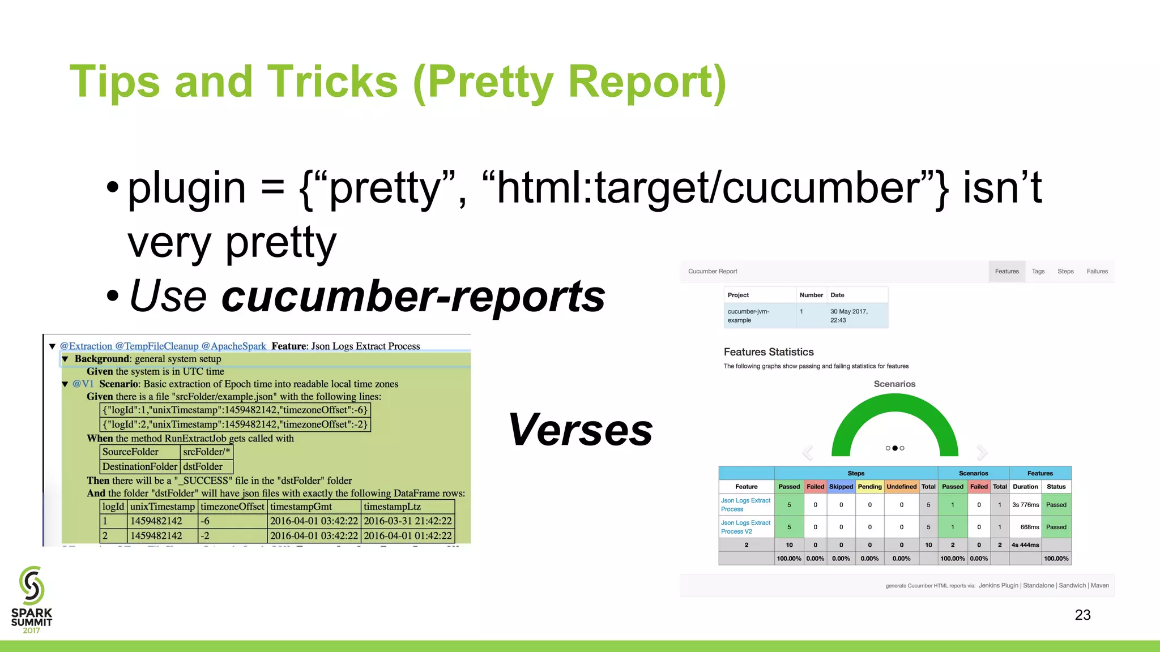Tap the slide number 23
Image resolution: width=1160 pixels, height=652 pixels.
1082,615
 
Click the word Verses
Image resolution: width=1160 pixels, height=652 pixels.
581,430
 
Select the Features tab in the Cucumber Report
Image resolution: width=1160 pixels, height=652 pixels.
1007,272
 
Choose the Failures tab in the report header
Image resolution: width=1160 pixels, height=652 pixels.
1097,272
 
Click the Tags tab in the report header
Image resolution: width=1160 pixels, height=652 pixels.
1038,272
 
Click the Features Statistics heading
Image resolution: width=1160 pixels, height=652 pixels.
769,352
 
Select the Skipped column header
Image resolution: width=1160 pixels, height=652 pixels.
841,487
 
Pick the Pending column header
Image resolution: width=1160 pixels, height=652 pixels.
869,487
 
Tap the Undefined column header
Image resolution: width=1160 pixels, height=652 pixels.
901,487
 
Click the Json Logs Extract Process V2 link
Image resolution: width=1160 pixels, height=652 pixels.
745,527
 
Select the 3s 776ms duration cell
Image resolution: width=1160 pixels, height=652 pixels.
1025,505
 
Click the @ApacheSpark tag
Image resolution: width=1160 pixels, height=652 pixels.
233,346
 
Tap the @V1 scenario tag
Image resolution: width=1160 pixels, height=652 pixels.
83,384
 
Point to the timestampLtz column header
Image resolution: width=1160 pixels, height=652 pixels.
392,507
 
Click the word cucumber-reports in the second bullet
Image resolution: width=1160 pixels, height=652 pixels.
413,296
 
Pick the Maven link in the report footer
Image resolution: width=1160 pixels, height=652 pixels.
1099,586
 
